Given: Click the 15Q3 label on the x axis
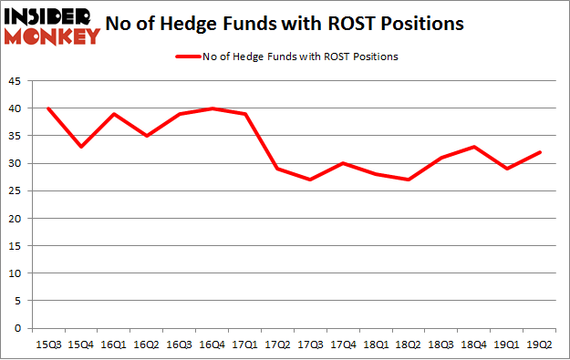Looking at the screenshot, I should click(x=48, y=344).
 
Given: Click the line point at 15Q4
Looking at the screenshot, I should click(x=80, y=147).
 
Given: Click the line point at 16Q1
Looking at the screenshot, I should click(x=113, y=114).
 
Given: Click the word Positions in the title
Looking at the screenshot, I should click(x=430, y=22).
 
